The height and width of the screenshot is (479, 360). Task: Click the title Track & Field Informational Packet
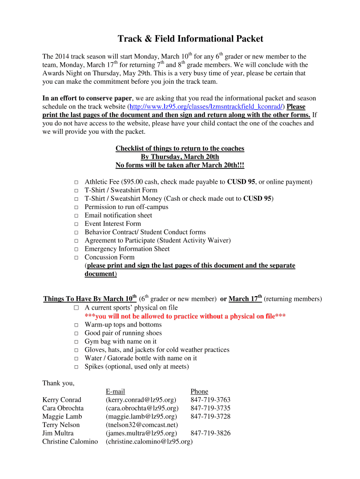190,39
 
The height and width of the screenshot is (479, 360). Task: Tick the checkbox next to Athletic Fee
76,182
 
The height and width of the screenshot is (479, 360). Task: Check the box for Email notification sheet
76,216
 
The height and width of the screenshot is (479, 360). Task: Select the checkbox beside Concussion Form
76,258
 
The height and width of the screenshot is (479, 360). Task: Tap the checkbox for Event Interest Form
76,224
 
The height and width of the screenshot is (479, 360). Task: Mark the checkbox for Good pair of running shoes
76,334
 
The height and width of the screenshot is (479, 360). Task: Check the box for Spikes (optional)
76,367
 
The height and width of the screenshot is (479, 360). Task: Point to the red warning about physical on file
185,316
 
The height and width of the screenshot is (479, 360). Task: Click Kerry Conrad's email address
141,399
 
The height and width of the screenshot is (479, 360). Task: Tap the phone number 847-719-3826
210,433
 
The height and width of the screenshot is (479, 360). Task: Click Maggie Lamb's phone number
210,416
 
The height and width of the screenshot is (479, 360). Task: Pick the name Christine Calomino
70,442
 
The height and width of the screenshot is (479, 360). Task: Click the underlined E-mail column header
115,391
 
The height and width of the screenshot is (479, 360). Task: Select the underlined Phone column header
199,391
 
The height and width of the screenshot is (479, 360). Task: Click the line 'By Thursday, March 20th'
180,157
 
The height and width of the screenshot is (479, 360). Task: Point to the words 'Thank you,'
58,383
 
